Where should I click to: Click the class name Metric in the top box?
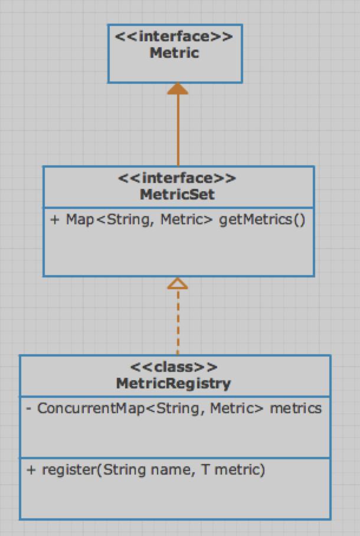click(x=174, y=53)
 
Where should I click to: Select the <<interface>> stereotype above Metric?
click(x=174, y=37)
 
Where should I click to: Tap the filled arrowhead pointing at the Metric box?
click(x=177, y=89)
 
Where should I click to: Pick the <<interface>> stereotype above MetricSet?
click(x=177, y=178)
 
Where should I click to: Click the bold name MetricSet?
click(x=177, y=194)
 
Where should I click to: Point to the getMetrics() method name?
click(x=262, y=220)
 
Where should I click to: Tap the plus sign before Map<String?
click(x=55, y=220)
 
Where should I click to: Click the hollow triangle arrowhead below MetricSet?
click(x=177, y=283)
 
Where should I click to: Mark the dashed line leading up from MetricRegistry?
click(x=177, y=322)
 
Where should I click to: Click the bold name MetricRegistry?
click(x=174, y=383)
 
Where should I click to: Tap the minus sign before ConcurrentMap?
click(x=29, y=408)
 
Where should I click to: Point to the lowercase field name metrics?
click(x=296, y=408)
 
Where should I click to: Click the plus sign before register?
click(x=31, y=470)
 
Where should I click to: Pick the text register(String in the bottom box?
click(x=94, y=470)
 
